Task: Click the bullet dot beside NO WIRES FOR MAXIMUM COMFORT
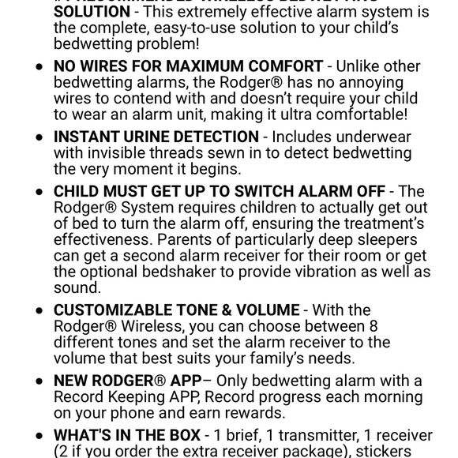click(x=39, y=67)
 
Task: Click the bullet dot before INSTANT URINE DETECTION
click(x=39, y=137)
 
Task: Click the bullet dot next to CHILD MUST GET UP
click(x=39, y=193)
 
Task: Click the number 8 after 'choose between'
click(x=374, y=326)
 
